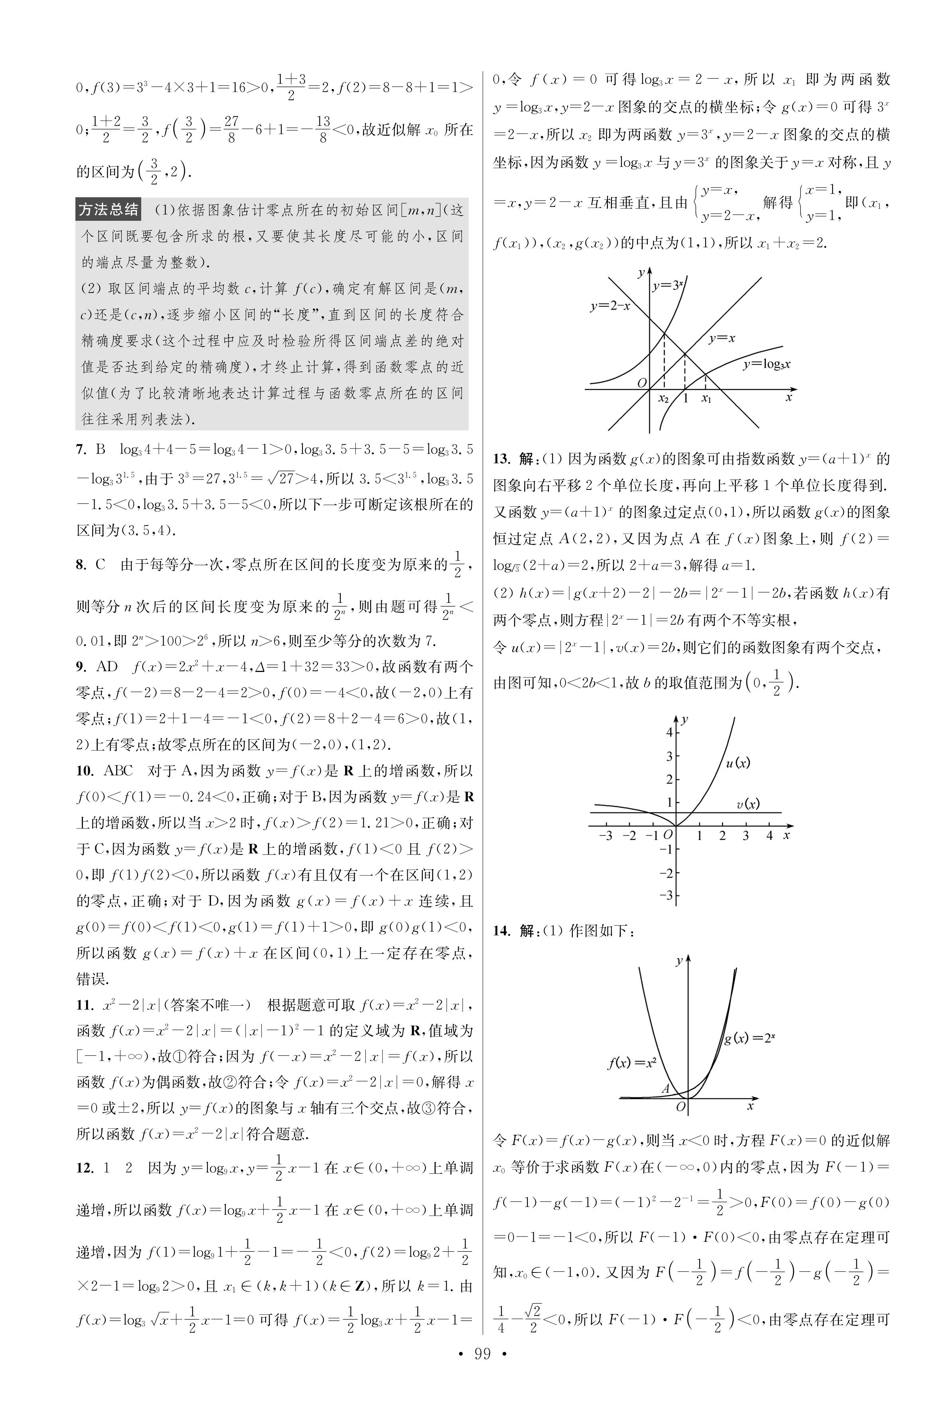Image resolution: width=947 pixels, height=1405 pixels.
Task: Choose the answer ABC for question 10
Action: (x=118, y=771)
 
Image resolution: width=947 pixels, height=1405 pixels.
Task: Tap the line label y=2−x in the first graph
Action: (x=610, y=306)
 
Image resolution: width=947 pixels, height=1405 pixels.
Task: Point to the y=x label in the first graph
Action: (x=722, y=339)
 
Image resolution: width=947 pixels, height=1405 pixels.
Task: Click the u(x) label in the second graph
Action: (x=738, y=763)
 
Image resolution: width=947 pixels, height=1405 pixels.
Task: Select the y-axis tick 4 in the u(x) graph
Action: (x=669, y=732)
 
